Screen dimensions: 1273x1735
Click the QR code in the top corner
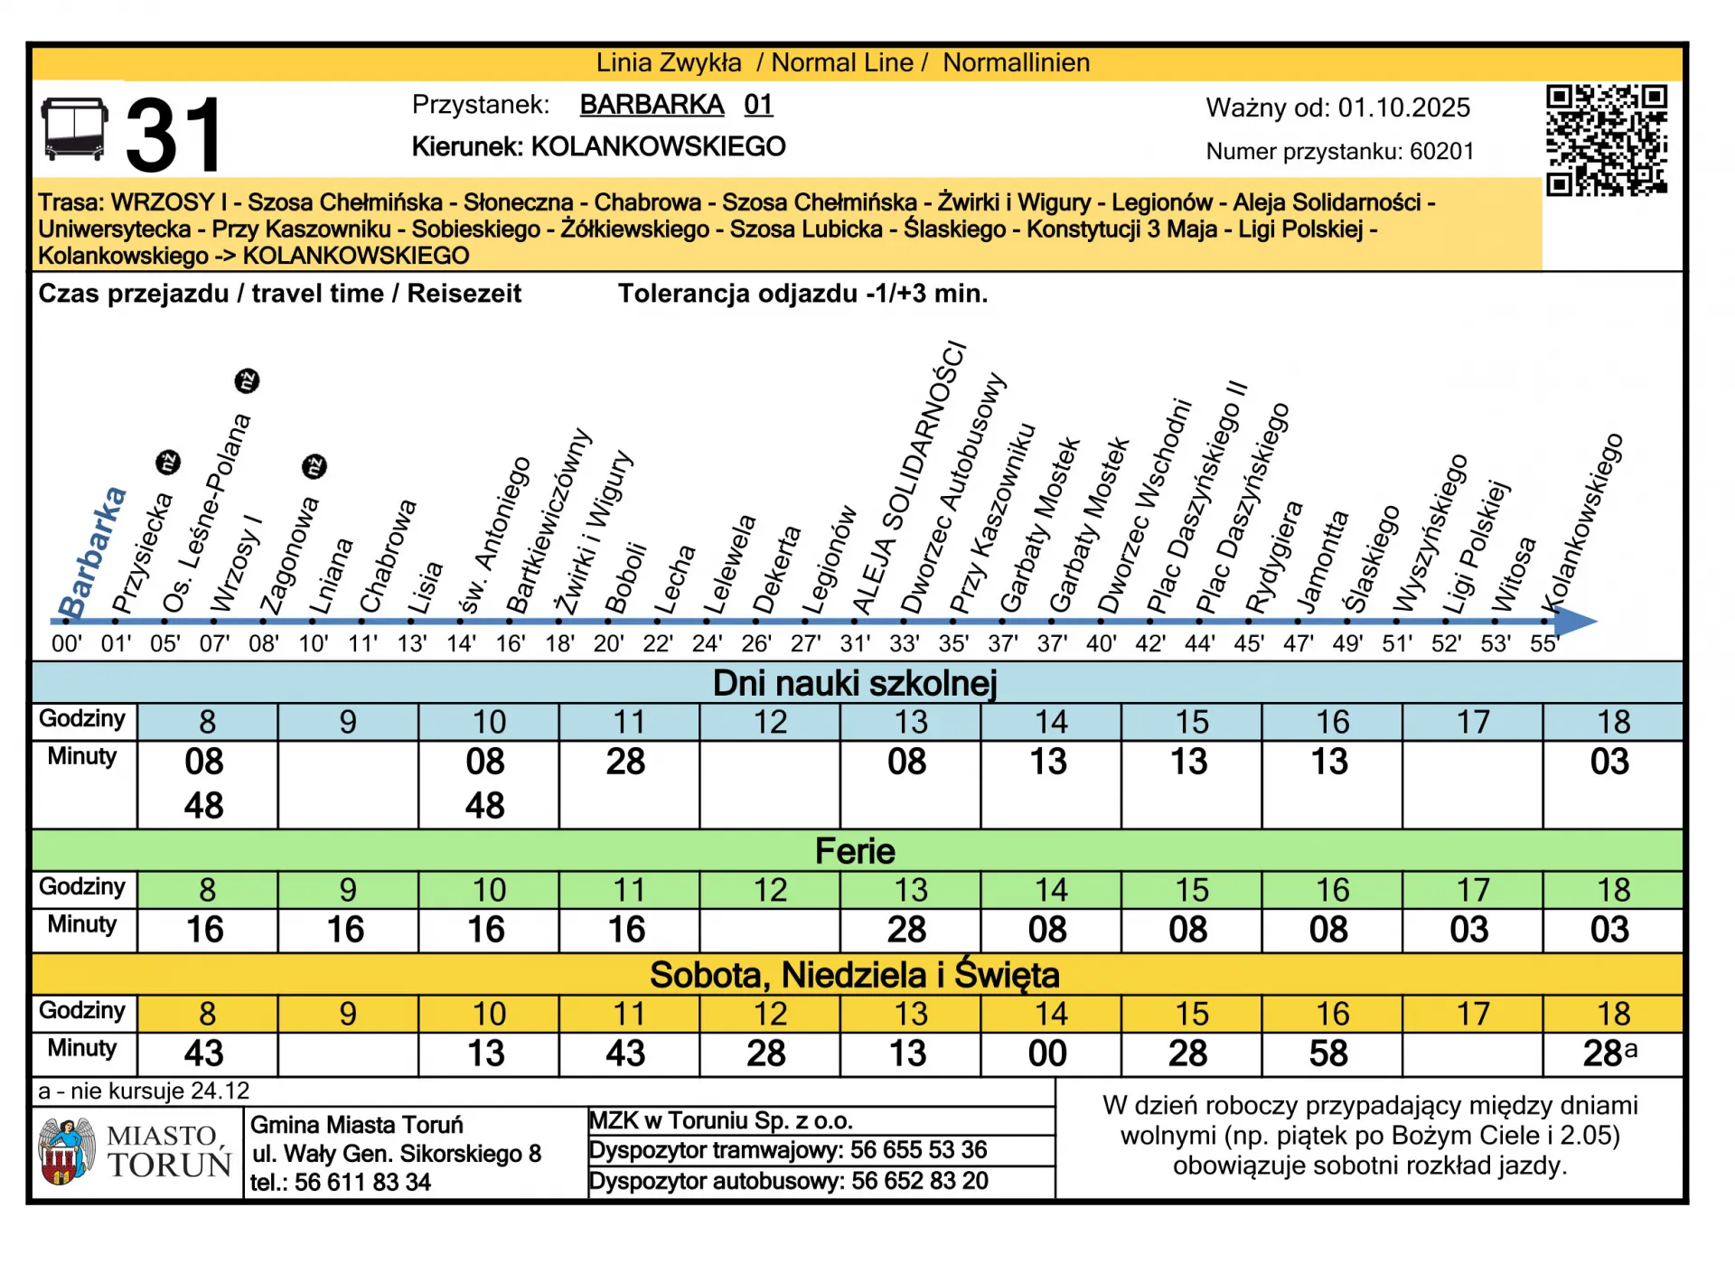(x=1606, y=140)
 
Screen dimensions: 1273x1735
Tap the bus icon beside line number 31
(x=74, y=130)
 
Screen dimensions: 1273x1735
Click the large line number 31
(x=173, y=136)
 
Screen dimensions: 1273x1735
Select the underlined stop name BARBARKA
(x=652, y=105)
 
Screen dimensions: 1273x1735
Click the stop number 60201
(x=1441, y=151)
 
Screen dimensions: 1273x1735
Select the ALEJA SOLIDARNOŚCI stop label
(x=910, y=479)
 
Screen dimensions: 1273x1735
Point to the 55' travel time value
(x=1544, y=644)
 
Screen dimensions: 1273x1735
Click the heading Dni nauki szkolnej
(x=854, y=683)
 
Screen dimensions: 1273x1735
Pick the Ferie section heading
(x=854, y=851)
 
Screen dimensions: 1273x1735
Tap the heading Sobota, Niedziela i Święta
(x=854, y=975)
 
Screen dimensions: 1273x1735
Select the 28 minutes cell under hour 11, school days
(x=625, y=762)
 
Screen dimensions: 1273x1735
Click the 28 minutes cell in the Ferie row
(x=906, y=930)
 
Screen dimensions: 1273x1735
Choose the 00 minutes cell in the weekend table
(x=1047, y=1053)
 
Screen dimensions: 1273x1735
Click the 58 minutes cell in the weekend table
(x=1328, y=1053)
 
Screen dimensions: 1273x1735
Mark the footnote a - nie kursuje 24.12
(x=144, y=1090)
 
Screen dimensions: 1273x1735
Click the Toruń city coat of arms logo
(x=66, y=1151)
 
